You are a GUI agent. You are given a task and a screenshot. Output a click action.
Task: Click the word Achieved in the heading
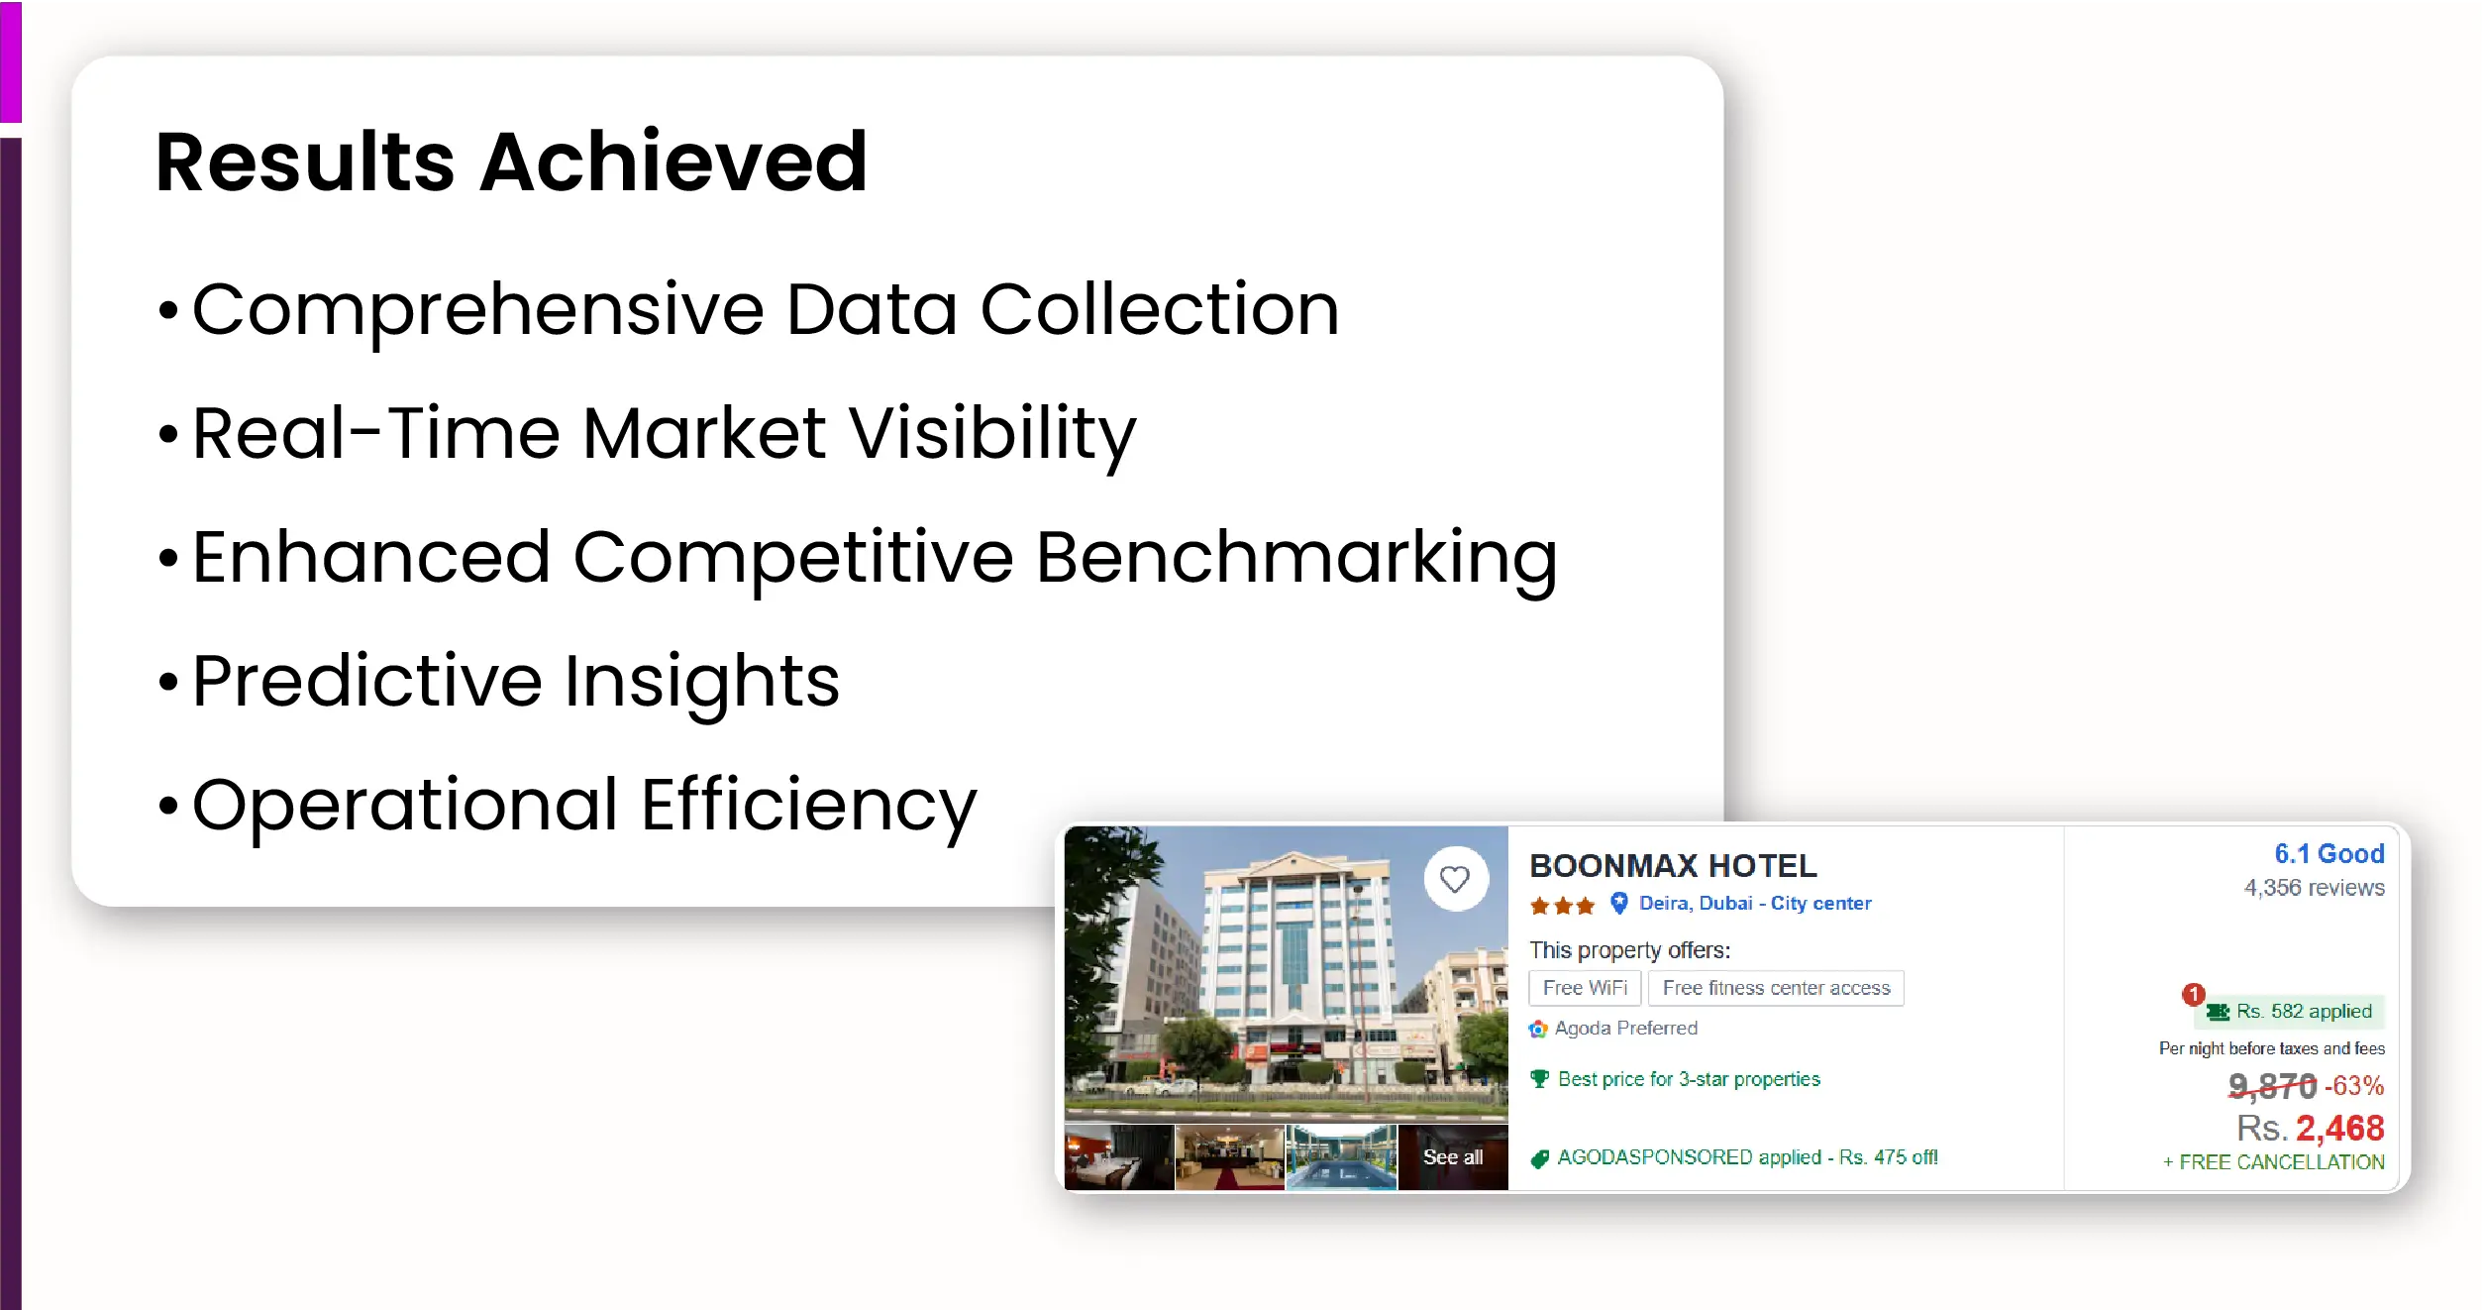673,162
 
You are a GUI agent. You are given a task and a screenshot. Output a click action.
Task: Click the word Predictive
367,681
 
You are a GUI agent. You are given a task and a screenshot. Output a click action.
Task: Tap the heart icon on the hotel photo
1455,879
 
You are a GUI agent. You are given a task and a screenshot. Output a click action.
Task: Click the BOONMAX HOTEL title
1673,866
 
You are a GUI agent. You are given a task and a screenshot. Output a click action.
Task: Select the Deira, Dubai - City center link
1755,903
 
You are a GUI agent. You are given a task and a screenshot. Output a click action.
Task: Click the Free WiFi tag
1585,988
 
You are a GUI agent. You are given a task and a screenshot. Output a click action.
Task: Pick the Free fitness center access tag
1776,988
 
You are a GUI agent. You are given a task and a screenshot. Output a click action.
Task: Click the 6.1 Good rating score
2329,854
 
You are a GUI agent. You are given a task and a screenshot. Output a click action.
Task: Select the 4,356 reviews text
2315,888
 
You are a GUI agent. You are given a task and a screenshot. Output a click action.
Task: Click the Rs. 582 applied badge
2292,1012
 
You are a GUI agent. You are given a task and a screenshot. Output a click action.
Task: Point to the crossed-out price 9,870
2272,1086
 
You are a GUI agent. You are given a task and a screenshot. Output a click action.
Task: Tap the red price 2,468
2340,1129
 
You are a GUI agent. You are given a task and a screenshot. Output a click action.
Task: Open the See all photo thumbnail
1453,1156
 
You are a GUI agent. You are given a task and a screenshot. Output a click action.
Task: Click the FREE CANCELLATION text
2282,1162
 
